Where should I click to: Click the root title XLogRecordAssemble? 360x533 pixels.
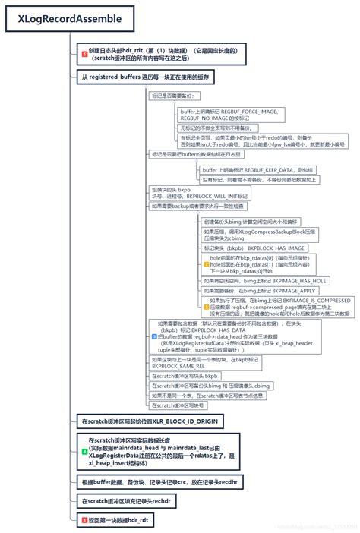(60, 17)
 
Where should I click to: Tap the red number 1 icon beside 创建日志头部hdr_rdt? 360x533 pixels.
(84, 53)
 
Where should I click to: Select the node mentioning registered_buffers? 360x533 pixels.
(144, 77)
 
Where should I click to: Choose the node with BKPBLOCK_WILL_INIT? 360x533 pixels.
(189, 191)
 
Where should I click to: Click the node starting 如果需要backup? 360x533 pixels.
(197, 206)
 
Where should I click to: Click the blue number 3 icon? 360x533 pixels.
(154, 335)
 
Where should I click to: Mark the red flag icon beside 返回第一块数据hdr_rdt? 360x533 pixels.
(84, 519)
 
